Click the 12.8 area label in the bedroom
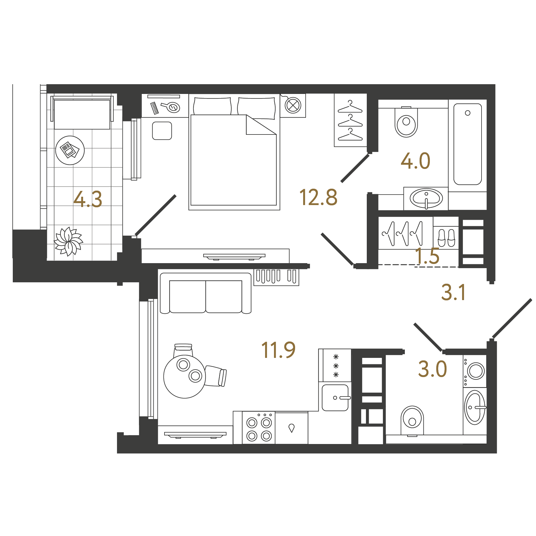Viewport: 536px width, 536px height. click(318, 197)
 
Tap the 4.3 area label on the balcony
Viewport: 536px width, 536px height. click(88, 199)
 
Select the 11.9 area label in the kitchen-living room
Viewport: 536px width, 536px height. click(278, 350)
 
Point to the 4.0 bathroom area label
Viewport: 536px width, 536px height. click(415, 161)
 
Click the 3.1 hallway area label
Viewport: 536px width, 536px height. click(453, 292)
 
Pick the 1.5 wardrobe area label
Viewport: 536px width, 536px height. click(427, 256)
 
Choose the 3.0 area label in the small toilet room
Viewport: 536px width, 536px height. click(432, 369)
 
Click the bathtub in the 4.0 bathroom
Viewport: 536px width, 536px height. click(468, 144)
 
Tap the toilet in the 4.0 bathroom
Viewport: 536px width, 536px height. click(406, 122)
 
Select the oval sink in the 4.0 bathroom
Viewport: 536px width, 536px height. click(426, 198)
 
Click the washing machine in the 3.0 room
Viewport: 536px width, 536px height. click(475, 371)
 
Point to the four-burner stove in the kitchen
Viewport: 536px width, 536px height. click(259, 428)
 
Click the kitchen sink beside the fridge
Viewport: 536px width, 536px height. click(336, 398)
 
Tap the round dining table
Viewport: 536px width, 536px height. click(185, 377)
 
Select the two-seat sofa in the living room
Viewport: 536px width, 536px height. click(206, 293)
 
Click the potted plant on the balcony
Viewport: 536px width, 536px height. click(68, 241)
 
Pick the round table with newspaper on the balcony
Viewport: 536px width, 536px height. click(70, 150)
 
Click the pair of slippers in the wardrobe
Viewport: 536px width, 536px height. click(446, 238)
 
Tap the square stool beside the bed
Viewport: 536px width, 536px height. click(162, 131)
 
